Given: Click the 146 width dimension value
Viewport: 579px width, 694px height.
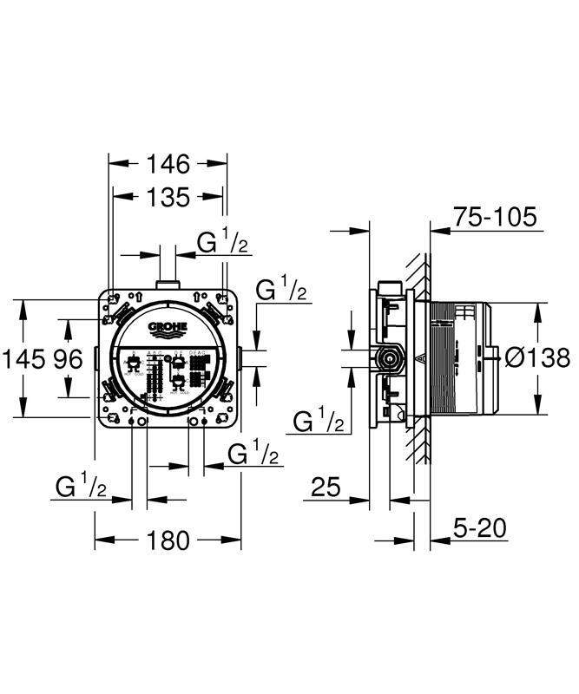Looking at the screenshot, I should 168,162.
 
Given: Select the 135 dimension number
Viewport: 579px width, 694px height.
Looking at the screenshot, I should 168,198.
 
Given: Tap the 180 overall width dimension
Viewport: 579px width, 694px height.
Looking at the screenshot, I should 168,540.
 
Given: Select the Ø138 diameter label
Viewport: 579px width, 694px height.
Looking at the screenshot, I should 537,357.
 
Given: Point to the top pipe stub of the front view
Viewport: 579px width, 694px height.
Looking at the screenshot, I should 168,283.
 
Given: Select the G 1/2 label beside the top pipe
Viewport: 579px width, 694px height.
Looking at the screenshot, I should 223,244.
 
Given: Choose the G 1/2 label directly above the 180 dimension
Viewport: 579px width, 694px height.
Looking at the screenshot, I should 82,488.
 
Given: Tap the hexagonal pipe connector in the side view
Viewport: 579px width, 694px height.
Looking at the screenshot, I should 388,357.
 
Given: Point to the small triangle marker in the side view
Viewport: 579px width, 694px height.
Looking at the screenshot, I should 420,357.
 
